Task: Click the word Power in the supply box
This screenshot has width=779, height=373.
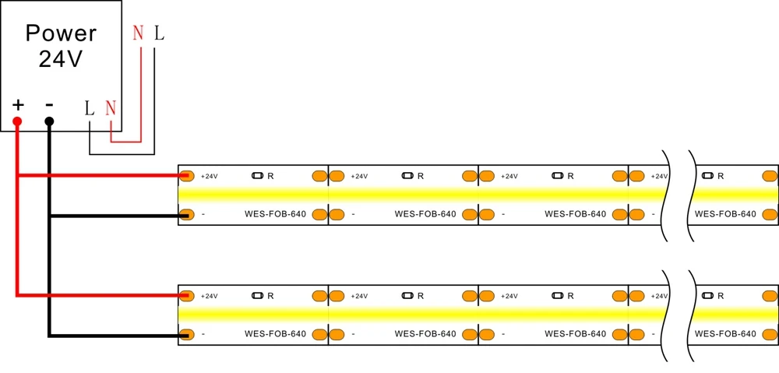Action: (x=61, y=33)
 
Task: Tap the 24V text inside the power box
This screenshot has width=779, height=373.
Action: (x=61, y=60)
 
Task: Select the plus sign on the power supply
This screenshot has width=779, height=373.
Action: (x=18, y=105)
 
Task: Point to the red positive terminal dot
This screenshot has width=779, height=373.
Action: (x=17, y=121)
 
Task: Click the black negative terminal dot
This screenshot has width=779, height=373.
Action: (x=49, y=121)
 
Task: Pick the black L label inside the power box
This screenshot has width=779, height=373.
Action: (x=90, y=108)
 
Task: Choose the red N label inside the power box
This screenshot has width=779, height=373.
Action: (x=111, y=108)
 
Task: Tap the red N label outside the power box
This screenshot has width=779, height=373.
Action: (x=138, y=33)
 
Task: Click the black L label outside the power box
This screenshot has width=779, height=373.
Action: (x=159, y=33)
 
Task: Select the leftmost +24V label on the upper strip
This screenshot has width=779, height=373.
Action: (x=209, y=176)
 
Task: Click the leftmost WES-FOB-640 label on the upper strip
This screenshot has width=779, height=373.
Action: (x=275, y=215)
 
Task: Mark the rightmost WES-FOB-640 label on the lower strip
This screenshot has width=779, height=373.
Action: (x=725, y=334)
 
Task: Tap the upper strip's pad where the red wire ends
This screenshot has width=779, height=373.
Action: (x=186, y=176)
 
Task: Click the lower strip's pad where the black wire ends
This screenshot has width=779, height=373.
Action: (x=186, y=335)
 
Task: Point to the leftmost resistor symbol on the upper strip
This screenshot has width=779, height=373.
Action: (x=257, y=176)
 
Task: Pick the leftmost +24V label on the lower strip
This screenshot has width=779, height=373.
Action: (x=209, y=296)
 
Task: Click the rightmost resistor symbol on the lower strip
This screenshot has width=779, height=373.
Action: (x=707, y=296)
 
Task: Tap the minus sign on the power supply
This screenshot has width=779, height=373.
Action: (x=49, y=105)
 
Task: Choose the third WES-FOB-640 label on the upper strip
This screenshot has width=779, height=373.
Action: (x=576, y=215)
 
